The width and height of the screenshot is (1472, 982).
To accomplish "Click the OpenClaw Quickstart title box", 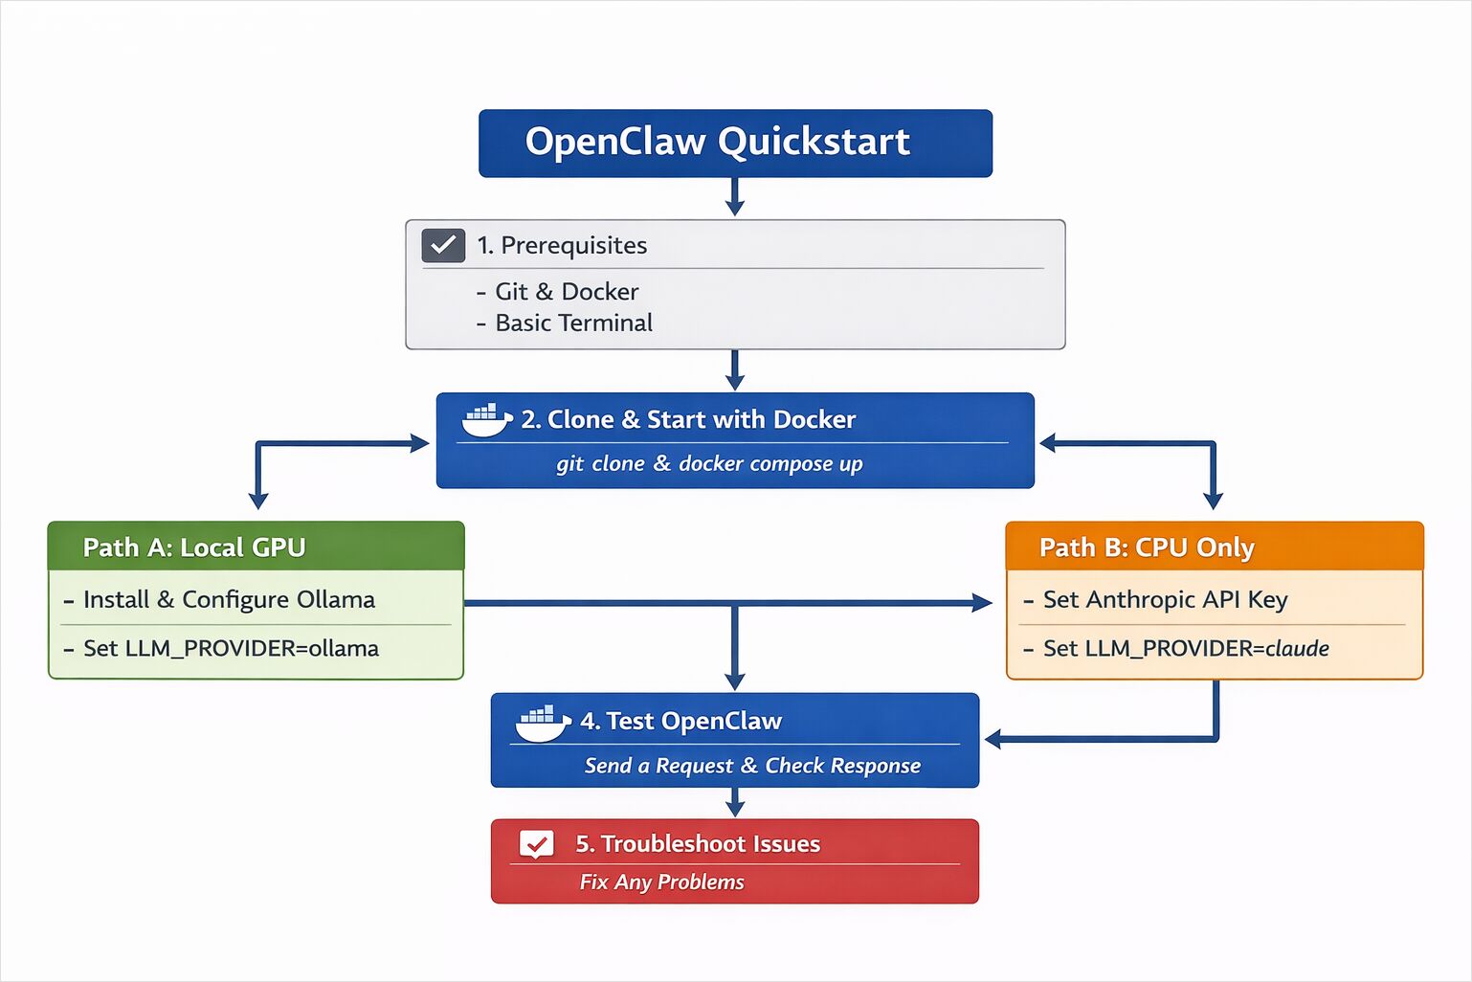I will tap(735, 143).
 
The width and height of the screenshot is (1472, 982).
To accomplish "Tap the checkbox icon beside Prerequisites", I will tap(443, 245).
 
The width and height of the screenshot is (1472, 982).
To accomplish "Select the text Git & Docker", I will tap(566, 291).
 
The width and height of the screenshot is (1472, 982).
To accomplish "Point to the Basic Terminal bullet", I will tap(573, 324).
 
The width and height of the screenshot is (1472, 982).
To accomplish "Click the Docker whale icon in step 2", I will tap(486, 419).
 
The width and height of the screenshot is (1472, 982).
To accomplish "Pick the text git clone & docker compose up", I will tap(709, 464).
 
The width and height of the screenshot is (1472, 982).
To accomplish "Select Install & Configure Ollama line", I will tap(229, 600).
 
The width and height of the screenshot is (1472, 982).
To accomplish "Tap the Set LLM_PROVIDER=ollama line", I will tap(231, 649).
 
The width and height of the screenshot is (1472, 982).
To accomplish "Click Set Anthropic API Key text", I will tap(1165, 600).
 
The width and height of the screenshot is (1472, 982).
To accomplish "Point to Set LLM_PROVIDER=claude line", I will tap(1186, 649).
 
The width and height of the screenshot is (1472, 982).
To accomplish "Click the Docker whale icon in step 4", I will tap(543, 723).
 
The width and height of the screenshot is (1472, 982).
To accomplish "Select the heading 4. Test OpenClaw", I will tap(680, 721).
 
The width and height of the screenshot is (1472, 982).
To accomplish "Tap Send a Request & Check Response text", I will tap(752, 766).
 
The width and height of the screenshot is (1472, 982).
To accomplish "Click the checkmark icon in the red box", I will tap(536, 844).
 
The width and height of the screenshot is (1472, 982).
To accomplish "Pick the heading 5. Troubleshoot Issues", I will tap(698, 844).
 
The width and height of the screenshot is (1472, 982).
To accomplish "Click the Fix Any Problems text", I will tap(661, 882).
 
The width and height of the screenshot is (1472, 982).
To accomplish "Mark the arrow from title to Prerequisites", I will tap(735, 197).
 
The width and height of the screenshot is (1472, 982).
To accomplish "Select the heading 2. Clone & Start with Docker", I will tap(688, 419).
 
